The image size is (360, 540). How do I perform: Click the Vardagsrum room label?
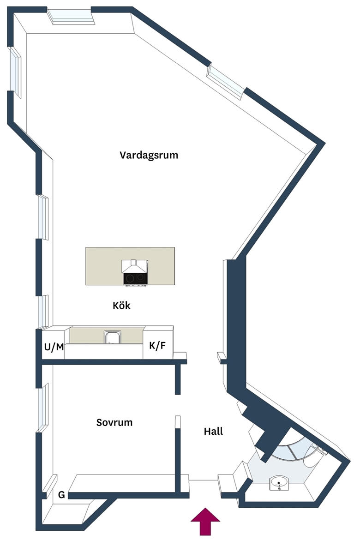point(149,156)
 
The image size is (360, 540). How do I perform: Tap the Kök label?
point(121,306)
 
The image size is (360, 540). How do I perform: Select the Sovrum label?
point(114,423)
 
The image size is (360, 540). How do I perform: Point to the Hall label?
point(213,431)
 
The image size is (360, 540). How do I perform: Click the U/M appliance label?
point(54,347)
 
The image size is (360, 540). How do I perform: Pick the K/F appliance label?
point(157,346)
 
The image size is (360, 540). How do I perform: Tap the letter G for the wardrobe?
point(61,495)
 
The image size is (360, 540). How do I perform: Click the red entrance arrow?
point(205,522)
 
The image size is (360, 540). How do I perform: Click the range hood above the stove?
point(135,266)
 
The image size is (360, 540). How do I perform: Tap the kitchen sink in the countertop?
point(112,337)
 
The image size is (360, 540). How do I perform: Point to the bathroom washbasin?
point(279,483)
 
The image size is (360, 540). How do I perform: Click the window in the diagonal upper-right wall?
point(226,82)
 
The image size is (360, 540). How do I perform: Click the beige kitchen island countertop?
point(130,266)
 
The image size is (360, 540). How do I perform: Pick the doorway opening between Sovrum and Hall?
point(178,405)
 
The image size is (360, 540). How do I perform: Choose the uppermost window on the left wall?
point(15,72)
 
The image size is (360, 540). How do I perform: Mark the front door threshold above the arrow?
point(204,480)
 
